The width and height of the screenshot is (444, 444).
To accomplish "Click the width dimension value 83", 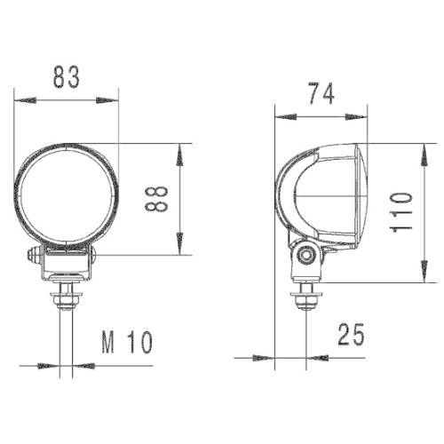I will [x=67, y=78].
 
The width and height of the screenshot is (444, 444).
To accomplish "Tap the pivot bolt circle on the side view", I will [x=308, y=256].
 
